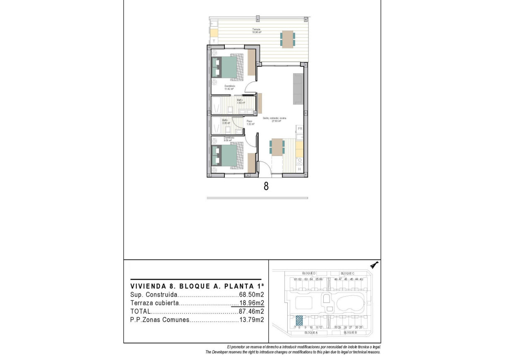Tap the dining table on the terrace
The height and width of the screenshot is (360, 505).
288,38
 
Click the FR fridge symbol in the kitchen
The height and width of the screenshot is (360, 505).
300,129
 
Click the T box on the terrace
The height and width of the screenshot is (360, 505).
214,41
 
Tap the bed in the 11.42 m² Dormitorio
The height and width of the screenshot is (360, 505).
225,67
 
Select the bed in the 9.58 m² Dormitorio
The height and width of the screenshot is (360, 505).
225,156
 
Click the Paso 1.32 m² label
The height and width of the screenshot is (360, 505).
250,122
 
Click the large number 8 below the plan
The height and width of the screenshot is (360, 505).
266,187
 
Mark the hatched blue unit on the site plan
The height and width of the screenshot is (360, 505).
299,320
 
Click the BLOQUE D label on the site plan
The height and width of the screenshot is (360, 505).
309,273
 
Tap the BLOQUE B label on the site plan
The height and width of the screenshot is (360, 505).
350,332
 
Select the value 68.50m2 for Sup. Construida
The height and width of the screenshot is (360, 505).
252,295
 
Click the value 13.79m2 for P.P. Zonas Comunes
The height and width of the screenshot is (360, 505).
252,320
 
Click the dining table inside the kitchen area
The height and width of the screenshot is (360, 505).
277,147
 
